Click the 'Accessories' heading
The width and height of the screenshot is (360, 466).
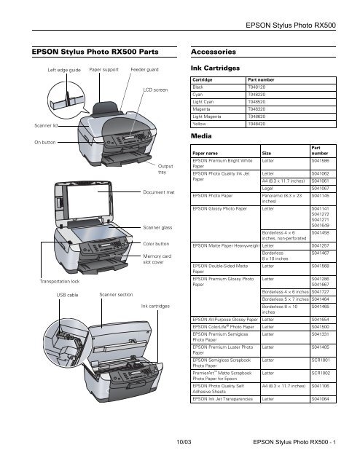[213, 52]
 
